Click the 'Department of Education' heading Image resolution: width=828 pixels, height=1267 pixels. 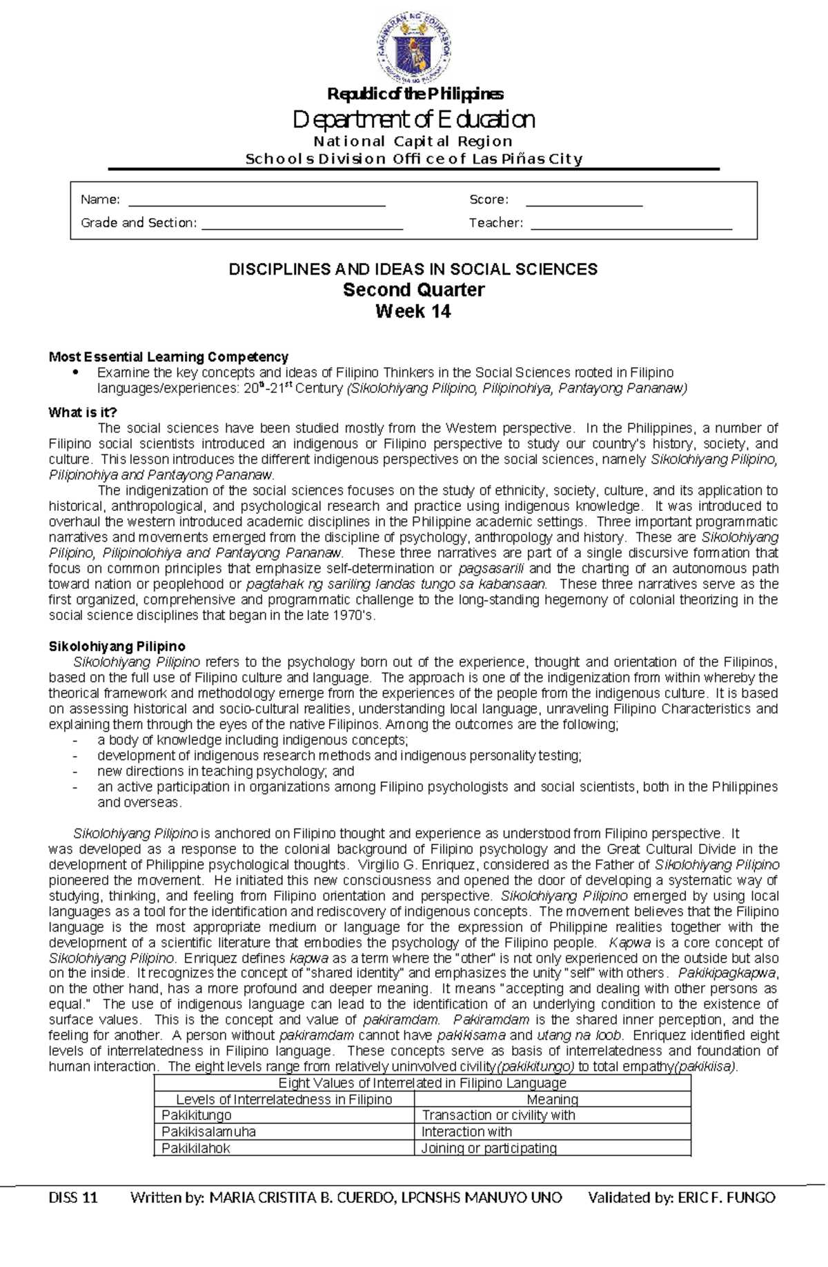(x=414, y=119)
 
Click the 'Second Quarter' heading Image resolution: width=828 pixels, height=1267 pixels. (x=414, y=289)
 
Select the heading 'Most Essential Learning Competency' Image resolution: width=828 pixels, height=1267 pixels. (x=168, y=357)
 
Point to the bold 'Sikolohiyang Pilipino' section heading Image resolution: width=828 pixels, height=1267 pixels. (x=117, y=646)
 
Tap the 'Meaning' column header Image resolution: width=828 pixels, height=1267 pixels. (x=552, y=1099)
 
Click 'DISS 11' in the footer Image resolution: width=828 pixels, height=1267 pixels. (x=73, y=1197)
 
